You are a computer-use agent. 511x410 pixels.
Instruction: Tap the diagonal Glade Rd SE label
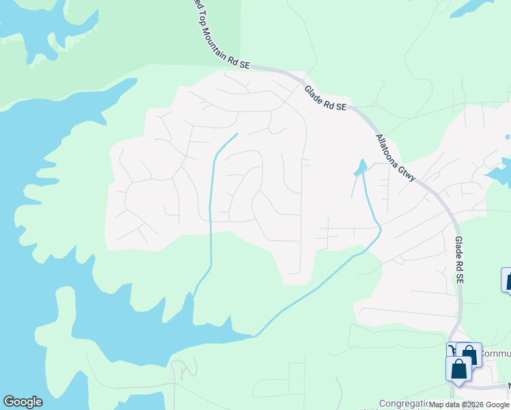(x=326, y=97)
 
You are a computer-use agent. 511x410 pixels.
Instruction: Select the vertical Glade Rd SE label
(x=459, y=260)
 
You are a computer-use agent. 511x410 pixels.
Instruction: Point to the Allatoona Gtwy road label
(x=396, y=157)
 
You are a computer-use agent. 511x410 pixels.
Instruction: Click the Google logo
(x=23, y=402)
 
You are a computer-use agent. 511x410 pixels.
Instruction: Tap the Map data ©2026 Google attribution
(x=469, y=405)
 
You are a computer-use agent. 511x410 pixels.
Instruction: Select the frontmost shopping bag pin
(x=458, y=368)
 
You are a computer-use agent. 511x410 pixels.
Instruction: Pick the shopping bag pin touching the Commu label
(x=469, y=354)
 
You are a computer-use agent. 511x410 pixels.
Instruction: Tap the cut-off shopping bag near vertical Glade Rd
(x=507, y=279)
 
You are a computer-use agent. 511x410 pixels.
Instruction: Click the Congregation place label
(x=403, y=404)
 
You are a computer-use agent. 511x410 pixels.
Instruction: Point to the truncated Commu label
(x=496, y=354)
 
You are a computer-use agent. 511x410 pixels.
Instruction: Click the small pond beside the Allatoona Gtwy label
(x=360, y=167)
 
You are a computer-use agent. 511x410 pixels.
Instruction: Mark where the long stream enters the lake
(x=254, y=336)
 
